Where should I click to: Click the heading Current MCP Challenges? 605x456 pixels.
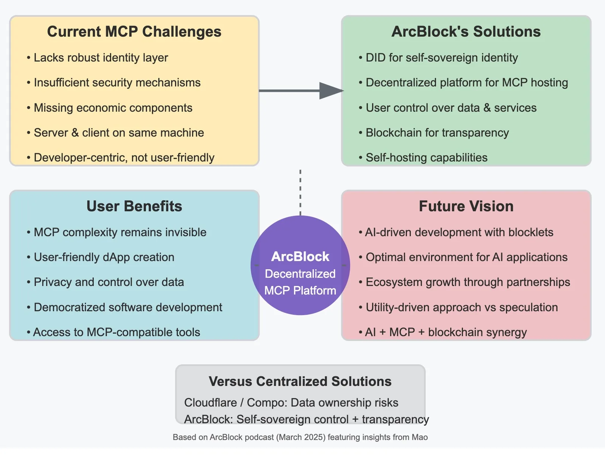134,31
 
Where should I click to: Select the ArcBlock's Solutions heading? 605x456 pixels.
466,31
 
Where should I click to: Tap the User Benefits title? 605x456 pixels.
134,206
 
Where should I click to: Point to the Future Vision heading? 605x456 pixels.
466,206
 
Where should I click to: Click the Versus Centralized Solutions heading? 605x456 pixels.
300,381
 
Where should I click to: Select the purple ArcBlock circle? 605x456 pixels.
300,265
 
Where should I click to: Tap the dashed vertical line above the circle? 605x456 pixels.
300,192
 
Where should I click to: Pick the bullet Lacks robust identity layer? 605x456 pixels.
98,58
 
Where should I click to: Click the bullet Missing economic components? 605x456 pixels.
110,108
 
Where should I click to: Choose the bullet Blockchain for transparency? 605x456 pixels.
434,133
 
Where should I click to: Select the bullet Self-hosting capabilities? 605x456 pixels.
423,158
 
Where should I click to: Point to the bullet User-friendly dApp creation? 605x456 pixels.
101,257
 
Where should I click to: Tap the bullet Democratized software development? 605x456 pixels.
124,307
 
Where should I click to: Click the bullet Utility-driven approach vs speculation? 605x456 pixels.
458,307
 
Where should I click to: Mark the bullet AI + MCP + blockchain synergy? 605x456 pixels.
443,332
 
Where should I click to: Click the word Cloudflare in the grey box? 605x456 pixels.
211,403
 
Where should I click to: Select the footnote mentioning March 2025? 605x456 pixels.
300,437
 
